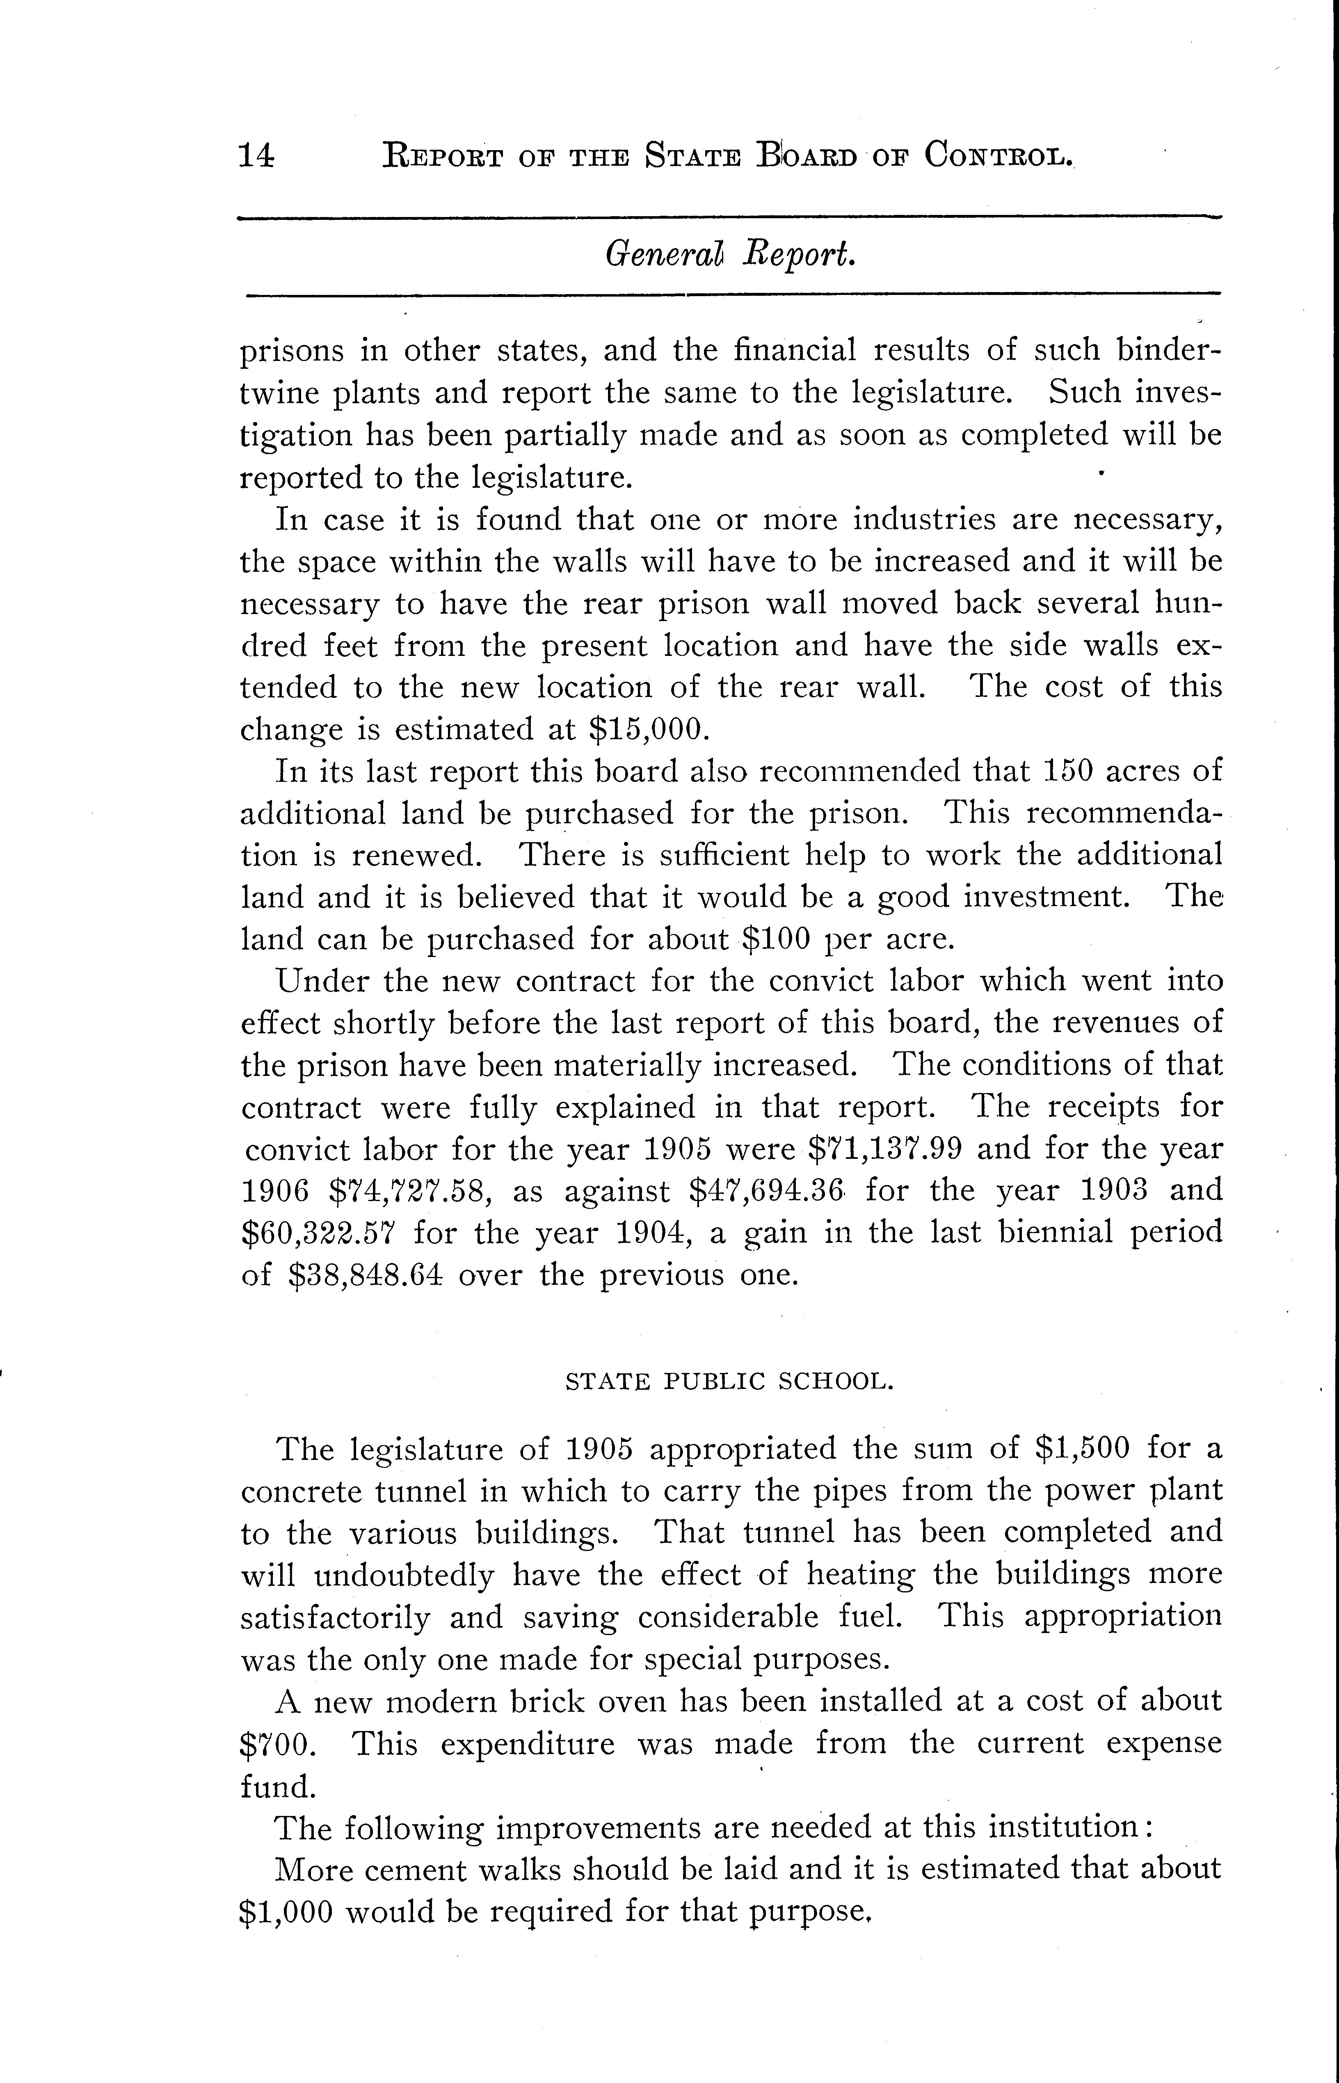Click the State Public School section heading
[729, 1382]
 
